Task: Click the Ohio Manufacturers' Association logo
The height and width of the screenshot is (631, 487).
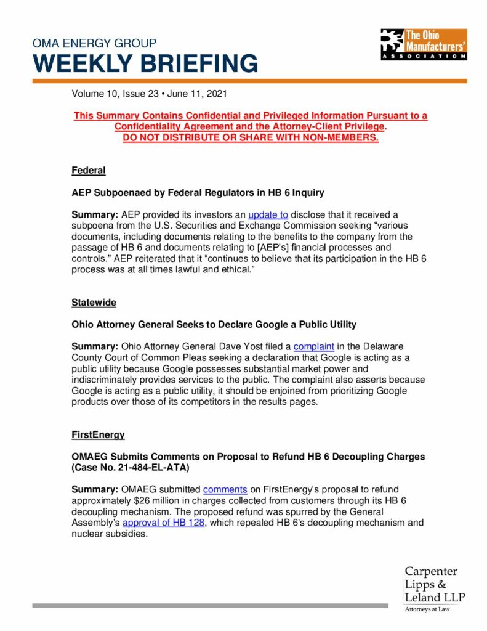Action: [x=423, y=44]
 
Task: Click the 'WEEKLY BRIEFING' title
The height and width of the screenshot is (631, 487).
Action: [x=145, y=63]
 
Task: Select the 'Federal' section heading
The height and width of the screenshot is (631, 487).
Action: [x=89, y=169]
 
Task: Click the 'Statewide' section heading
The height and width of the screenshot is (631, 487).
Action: [x=94, y=303]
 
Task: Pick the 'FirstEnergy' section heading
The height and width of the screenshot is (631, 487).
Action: [x=98, y=434]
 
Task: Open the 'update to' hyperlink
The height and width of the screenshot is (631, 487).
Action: [x=268, y=214]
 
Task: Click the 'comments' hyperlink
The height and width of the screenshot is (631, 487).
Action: [x=225, y=490]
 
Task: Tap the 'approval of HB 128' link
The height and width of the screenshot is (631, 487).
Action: [x=163, y=523]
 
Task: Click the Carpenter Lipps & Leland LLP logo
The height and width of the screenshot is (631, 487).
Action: [x=435, y=588]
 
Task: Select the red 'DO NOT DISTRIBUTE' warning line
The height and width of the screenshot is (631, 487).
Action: [x=250, y=137]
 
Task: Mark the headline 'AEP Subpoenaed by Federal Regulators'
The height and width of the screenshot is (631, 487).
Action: [x=198, y=192]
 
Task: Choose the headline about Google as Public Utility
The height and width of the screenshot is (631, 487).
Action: [x=214, y=324]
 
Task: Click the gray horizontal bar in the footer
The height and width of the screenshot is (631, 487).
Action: [x=210, y=606]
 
